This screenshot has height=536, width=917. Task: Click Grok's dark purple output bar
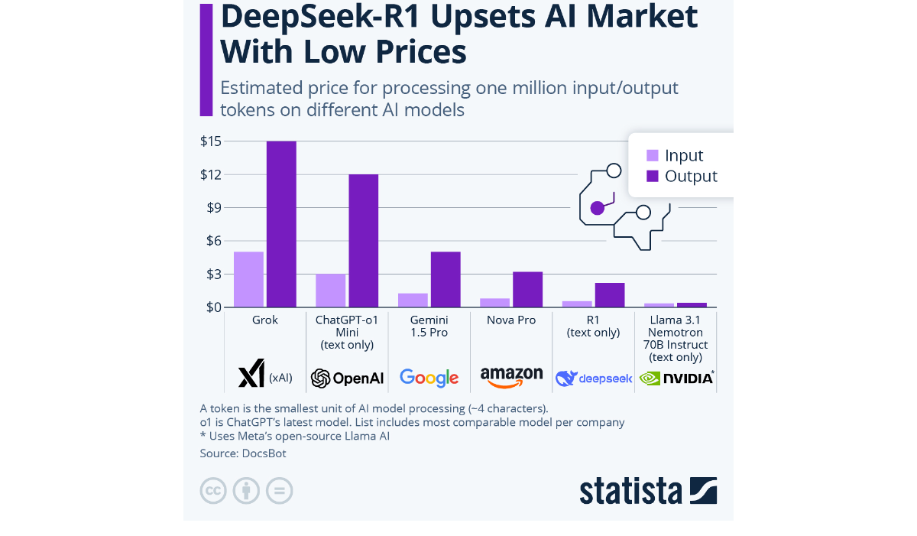(281, 224)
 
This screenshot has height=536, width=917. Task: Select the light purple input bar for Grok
(248, 279)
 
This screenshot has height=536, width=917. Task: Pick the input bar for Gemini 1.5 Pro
(413, 300)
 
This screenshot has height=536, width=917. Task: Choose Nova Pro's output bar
(527, 289)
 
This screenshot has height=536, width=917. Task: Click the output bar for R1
(610, 294)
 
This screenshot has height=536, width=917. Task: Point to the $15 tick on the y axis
(211, 141)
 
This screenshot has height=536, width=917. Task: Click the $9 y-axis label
(211, 208)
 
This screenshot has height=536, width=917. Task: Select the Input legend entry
(675, 155)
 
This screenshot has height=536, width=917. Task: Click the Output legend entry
(682, 176)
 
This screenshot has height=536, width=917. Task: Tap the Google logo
(429, 377)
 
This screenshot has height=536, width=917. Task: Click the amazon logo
(511, 377)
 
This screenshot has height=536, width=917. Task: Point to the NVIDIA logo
(676, 377)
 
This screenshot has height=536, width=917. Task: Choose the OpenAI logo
(347, 378)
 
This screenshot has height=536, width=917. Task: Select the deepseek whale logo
(566, 378)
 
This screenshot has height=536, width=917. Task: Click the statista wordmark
(631, 490)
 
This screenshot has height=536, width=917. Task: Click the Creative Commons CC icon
(213, 490)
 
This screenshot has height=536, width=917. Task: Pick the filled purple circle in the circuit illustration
(598, 208)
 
